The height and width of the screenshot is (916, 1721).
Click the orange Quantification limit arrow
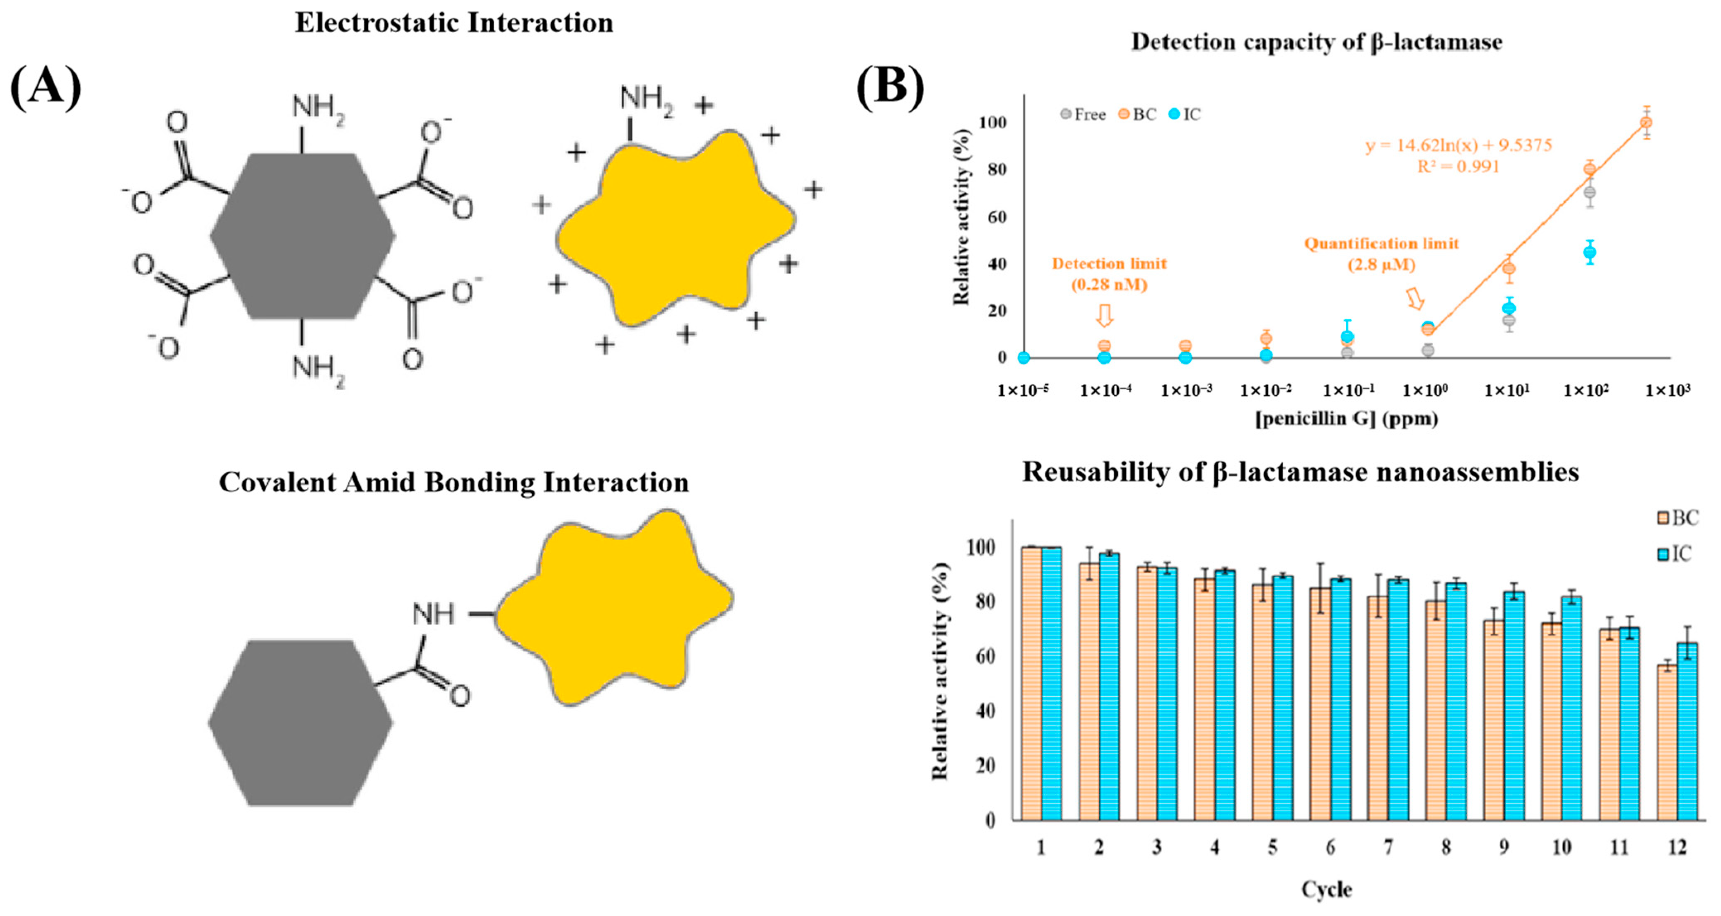(1414, 299)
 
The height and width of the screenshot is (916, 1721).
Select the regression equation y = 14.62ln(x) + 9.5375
(1458, 145)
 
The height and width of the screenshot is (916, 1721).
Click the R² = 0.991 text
(1458, 167)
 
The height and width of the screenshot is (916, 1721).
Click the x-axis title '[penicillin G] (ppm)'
(1346, 419)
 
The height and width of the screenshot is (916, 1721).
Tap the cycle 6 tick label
(1330, 848)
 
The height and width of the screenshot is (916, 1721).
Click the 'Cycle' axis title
(1326, 889)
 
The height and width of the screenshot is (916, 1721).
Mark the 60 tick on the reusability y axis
(985, 657)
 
